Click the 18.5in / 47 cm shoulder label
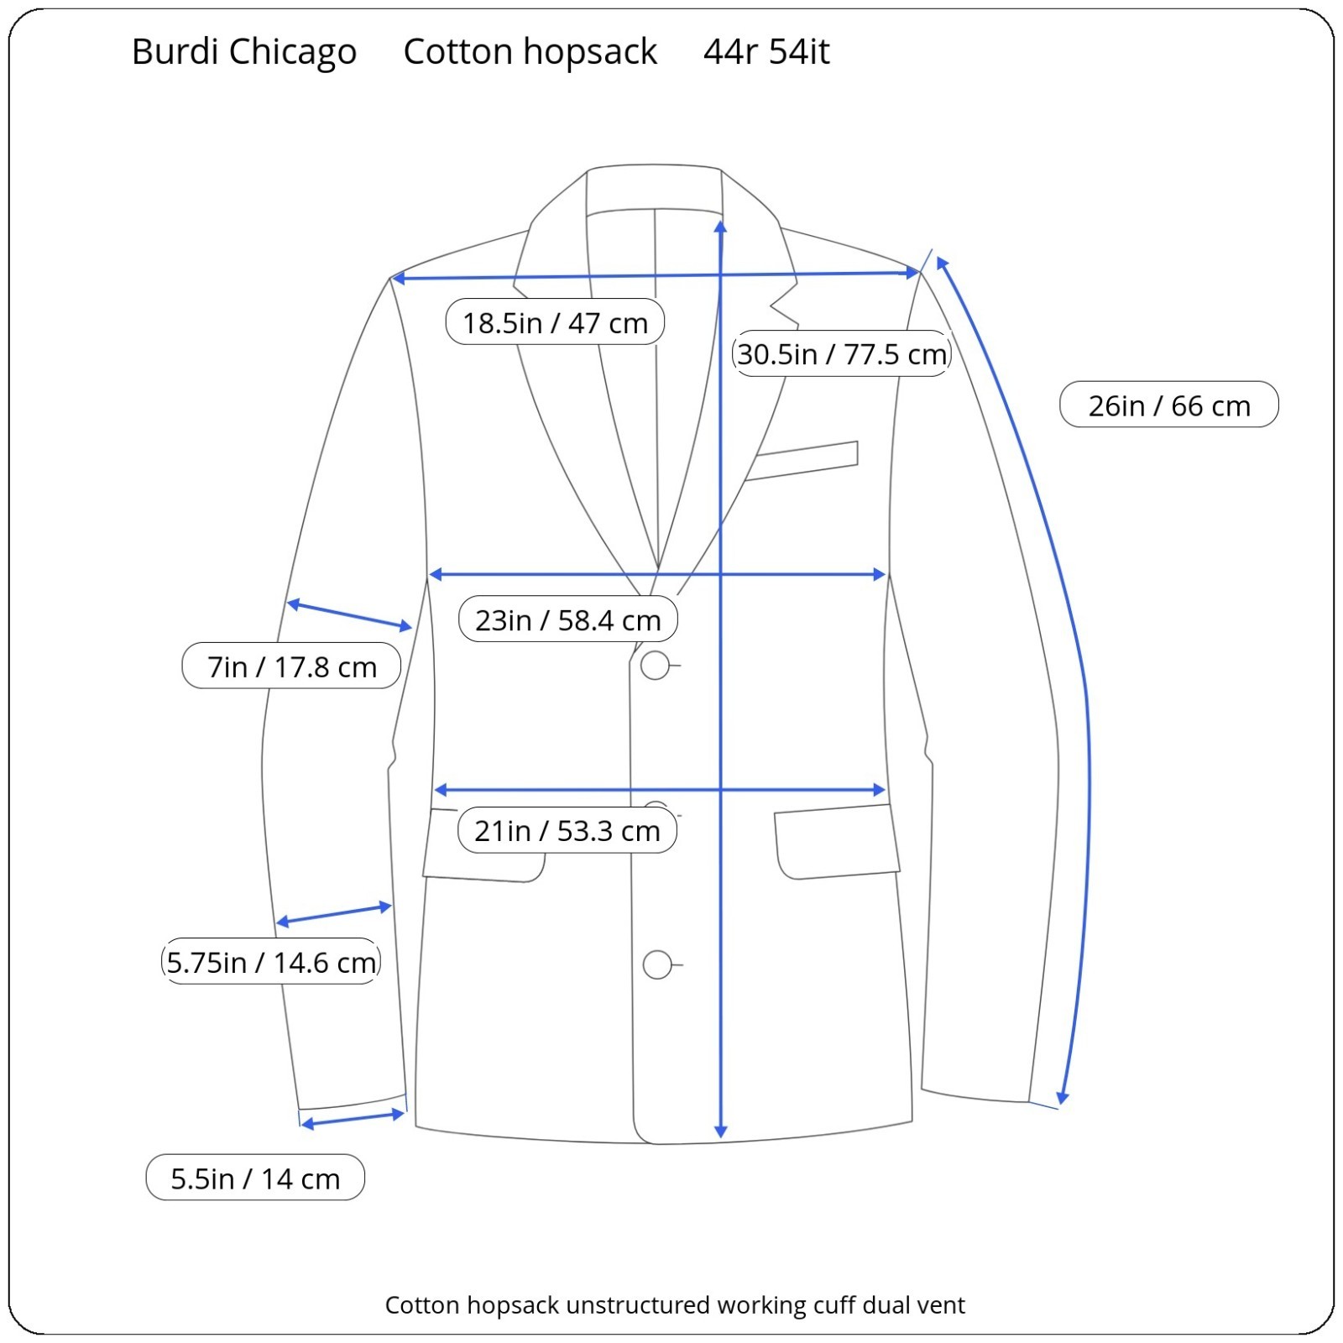coord(555,322)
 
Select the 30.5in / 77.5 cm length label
coord(841,353)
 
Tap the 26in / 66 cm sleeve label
coord(1168,405)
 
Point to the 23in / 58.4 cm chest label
coord(567,619)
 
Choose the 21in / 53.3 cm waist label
coord(567,830)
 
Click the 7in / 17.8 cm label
coord(291,666)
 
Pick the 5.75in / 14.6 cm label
coord(270,962)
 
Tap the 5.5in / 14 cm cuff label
coord(255,1178)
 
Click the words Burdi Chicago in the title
coord(243,51)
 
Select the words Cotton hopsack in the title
coord(530,51)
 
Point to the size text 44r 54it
coord(766,51)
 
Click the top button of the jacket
coord(655,666)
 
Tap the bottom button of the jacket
coord(657,965)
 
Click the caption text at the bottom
coord(674,1305)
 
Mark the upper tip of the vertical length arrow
coord(720,225)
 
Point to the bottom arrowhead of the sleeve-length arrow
coord(1062,1099)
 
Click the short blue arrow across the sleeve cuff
coord(353,1120)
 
